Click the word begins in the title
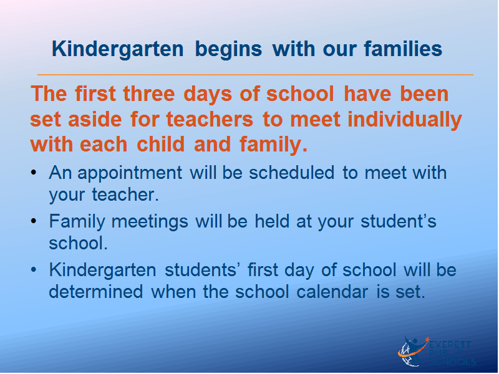(228, 49)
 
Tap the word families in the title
(403, 49)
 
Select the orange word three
(149, 94)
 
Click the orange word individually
(404, 120)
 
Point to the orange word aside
(95, 119)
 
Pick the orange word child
(161, 144)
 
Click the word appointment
(130, 173)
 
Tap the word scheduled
(291, 173)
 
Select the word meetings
(150, 222)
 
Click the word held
(272, 221)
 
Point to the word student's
(399, 221)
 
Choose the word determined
(96, 291)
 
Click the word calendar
(332, 291)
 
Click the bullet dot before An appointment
(34, 173)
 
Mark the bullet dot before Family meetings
(34, 221)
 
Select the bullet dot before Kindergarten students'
(34, 270)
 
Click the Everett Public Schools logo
(437, 352)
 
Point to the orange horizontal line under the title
(255, 75)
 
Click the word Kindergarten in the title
(118, 49)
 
